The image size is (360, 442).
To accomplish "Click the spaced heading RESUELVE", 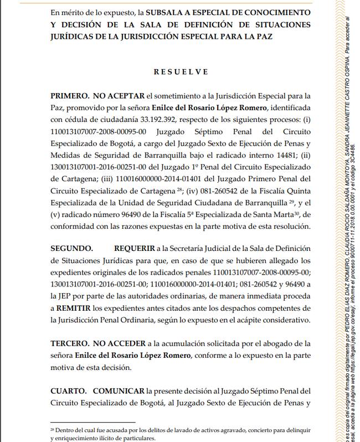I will [181, 71].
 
